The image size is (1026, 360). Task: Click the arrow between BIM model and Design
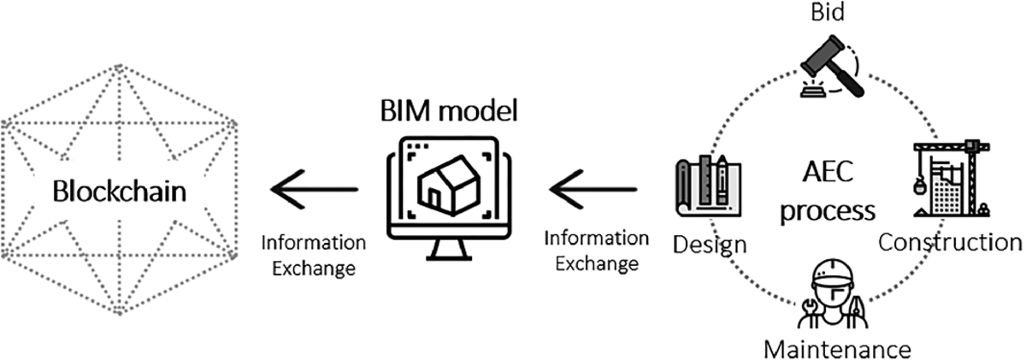point(592,187)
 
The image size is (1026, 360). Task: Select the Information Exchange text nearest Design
point(597,250)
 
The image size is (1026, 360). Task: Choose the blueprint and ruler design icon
point(706,186)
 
